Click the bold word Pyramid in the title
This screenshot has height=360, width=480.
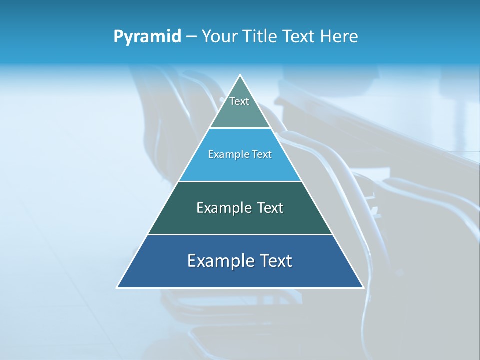(x=147, y=37)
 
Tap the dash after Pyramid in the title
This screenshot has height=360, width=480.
(x=191, y=37)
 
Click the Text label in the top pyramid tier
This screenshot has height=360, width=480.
(x=239, y=101)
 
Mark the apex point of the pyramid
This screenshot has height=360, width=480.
(x=240, y=75)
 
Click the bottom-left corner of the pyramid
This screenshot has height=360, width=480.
(x=117, y=288)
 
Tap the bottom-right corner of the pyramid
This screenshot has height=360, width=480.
(x=363, y=288)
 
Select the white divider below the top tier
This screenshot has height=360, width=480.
(x=240, y=128)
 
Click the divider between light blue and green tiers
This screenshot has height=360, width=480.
(x=240, y=181)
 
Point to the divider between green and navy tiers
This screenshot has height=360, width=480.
(x=240, y=234)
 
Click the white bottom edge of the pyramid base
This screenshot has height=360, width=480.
(x=240, y=288)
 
